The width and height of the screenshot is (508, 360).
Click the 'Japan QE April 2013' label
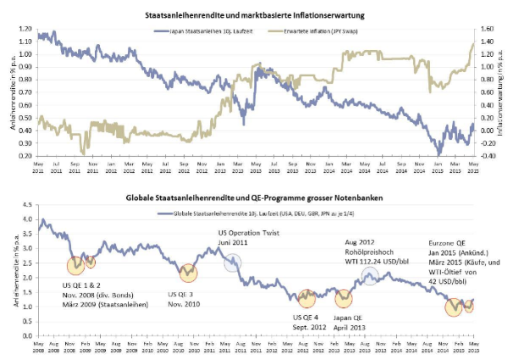(347, 322)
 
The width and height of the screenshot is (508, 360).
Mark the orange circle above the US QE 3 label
(189, 272)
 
